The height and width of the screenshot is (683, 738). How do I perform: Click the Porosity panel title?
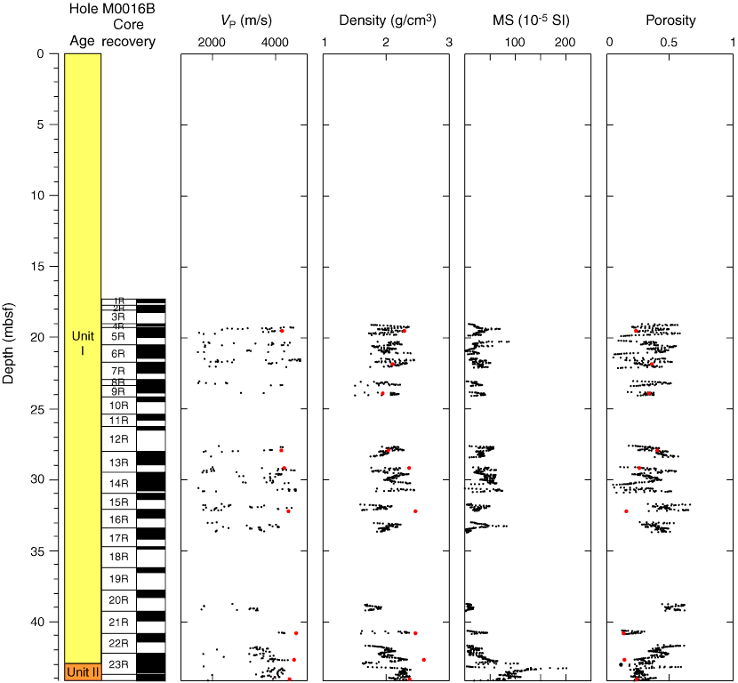[670, 20]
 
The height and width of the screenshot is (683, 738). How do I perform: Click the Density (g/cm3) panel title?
[386, 20]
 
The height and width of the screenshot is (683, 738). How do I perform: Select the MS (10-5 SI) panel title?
[527, 20]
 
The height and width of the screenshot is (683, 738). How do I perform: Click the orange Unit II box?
[83, 672]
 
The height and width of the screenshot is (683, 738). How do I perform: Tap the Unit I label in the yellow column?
[83, 343]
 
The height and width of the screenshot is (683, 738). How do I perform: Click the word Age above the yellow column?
[83, 42]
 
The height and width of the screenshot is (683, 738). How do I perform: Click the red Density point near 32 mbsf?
[415, 511]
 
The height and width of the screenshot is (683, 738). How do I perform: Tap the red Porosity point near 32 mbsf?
[626, 511]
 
